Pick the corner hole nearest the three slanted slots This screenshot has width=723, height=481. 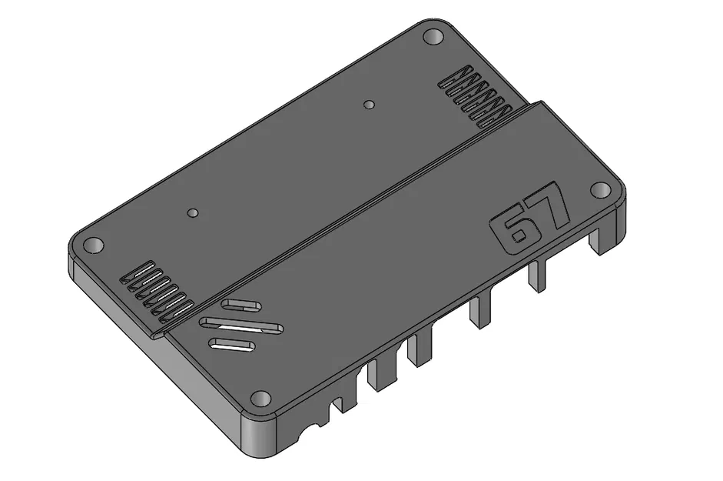(261, 399)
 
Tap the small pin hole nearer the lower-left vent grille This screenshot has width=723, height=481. (193, 211)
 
